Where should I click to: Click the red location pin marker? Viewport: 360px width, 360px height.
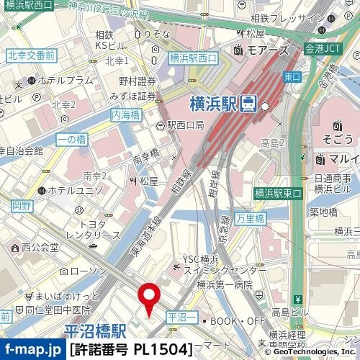pos(149,297)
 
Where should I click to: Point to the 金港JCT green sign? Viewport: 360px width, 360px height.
pos(323,49)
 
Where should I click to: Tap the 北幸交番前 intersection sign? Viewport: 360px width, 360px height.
pos(32,55)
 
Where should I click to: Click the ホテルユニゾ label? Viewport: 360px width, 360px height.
pos(74,191)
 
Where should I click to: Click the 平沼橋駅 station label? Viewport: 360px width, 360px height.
pos(94,332)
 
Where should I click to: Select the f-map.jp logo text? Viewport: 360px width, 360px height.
pos(32,350)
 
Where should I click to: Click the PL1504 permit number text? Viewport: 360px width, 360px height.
pos(162,350)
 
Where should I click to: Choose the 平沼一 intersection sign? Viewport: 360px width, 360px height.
pos(181,316)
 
